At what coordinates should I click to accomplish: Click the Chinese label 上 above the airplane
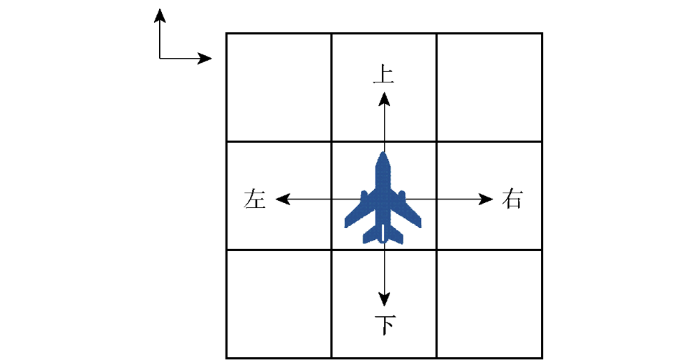click(x=383, y=75)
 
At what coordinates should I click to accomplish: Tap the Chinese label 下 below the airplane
click(x=385, y=325)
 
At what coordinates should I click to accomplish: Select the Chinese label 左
click(x=255, y=199)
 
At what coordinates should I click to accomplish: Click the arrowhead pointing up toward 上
click(x=384, y=99)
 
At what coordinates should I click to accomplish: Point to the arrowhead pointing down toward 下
click(x=384, y=299)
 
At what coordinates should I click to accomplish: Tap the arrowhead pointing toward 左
click(x=283, y=199)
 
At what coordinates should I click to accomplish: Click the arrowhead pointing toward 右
click(x=486, y=199)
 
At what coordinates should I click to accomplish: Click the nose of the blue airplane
click(x=383, y=153)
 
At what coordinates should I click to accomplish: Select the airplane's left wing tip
click(x=347, y=224)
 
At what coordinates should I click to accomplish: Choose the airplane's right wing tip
click(x=419, y=224)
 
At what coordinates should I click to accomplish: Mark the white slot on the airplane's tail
click(x=383, y=233)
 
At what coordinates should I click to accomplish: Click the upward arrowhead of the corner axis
click(x=160, y=15)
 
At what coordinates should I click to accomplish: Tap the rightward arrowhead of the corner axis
click(x=205, y=59)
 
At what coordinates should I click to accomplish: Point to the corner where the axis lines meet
click(x=160, y=59)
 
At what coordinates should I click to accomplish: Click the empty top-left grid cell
click(x=279, y=87)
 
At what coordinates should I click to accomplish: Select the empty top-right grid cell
click(x=489, y=87)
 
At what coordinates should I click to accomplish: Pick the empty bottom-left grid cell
click(x=279, y=304)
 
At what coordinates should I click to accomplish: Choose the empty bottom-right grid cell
click(x=489, y=304)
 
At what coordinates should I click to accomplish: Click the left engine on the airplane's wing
click(x=364, y=196)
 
